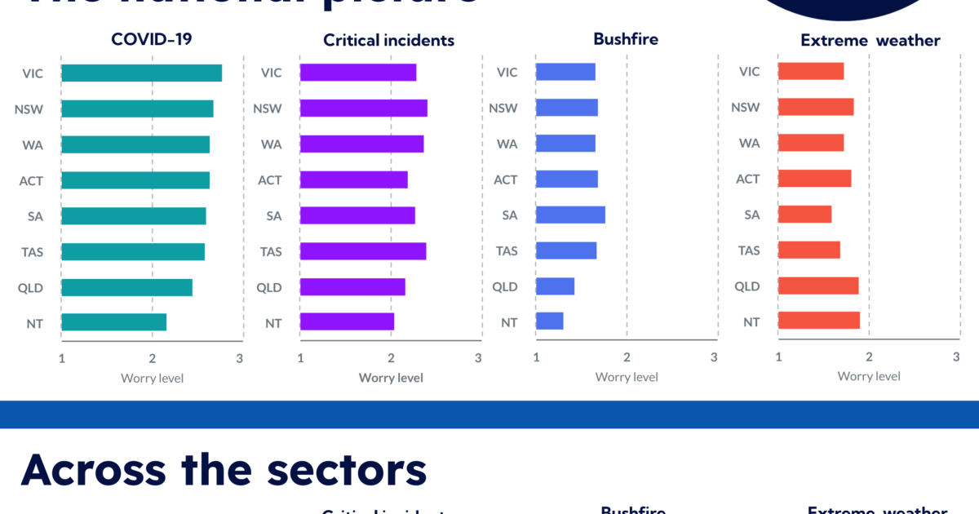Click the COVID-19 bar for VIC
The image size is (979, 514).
(x=141, y=73)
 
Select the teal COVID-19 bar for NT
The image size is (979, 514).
(x=113, y=322)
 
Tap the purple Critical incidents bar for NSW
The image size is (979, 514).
(x=363, y=109)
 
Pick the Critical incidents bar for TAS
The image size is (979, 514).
(x=362, y=251)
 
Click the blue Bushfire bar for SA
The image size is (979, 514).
(x=569, y=215)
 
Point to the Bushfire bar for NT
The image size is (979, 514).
(x=549, y=321)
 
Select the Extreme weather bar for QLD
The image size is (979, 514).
(x=817, y=286)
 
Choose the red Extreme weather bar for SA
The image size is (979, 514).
(x=804, y=215)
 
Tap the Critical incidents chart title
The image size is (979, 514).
(x=388, y=40)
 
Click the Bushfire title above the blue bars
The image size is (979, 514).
(x=627, y=38)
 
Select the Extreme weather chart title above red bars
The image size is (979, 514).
(x=870, y=40)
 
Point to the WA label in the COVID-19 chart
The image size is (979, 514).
(x=33, y=144)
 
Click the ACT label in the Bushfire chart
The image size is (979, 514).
(x=506, y=179)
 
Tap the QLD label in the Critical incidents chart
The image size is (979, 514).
(x=269, y=287)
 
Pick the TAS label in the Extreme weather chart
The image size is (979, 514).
(x=749, y=250)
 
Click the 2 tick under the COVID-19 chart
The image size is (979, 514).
(x=153, y=357)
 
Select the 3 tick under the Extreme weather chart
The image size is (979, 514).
(x=956, y=357)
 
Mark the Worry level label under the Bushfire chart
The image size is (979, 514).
(x=627, y=377)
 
